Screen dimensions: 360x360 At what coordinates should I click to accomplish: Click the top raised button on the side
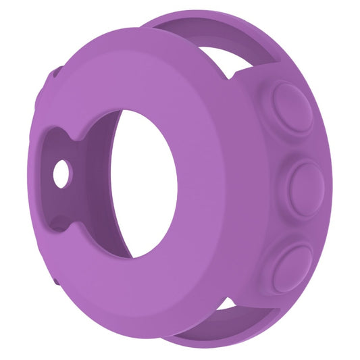(292, 107)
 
